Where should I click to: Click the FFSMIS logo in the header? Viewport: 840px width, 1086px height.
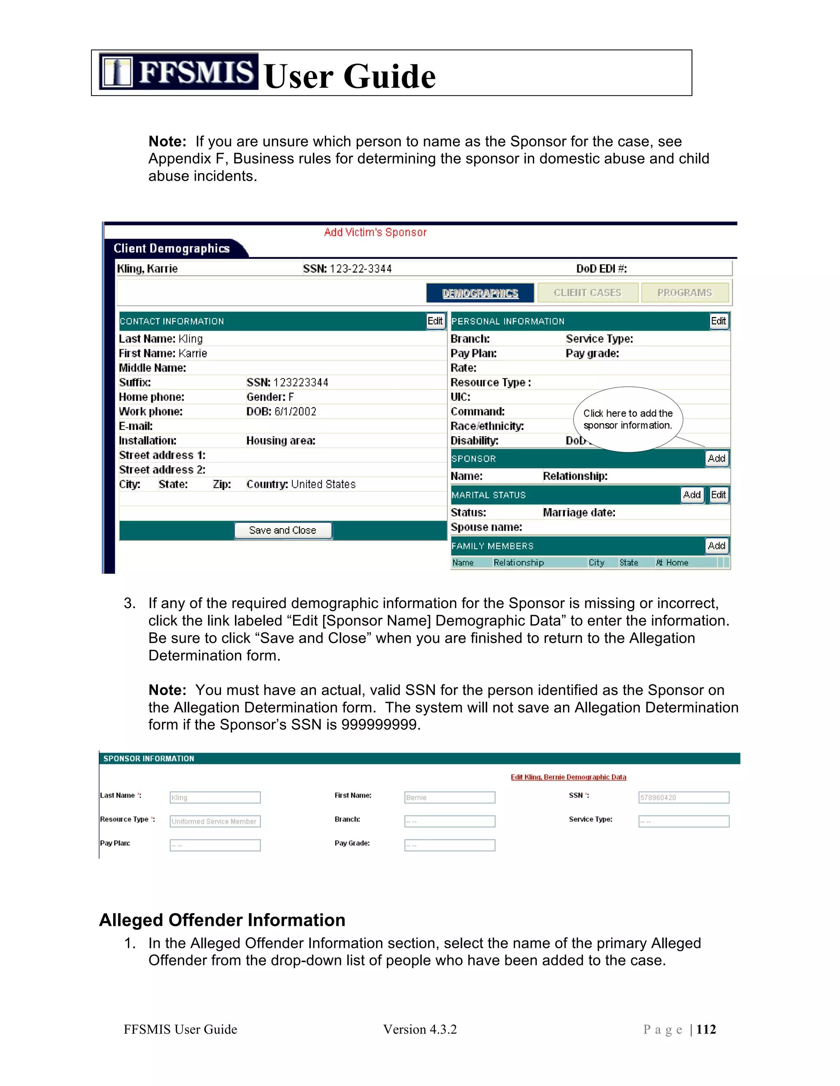click(178, 72)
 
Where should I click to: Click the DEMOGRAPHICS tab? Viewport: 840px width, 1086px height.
click(480, 293)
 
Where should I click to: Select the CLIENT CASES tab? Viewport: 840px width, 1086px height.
click(587, 293)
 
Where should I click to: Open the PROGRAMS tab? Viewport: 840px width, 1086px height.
click(684, 293)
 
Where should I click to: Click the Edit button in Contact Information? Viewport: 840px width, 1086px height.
click(435, 321)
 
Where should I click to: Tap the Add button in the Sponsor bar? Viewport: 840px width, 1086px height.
click(716, 459)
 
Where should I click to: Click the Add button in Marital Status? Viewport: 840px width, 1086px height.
click(692, 495)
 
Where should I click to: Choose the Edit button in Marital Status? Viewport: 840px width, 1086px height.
click(718, 495)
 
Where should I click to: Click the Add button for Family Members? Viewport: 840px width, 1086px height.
click(716, 546)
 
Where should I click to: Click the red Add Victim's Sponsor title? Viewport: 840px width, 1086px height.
click(375, 232)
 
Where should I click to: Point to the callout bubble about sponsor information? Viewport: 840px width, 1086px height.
click(628, 419)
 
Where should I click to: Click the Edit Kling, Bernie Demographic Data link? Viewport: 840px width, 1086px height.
click(568, 777)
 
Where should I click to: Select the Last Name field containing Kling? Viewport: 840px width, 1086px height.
click(215, 797)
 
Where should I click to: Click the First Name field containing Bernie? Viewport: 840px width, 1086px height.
click(450, 797)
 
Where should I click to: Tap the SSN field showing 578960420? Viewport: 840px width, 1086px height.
click(684, 797)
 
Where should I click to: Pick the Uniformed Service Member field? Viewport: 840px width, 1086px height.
click(215, 821)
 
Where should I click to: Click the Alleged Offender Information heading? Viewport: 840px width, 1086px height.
click(222, 920)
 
